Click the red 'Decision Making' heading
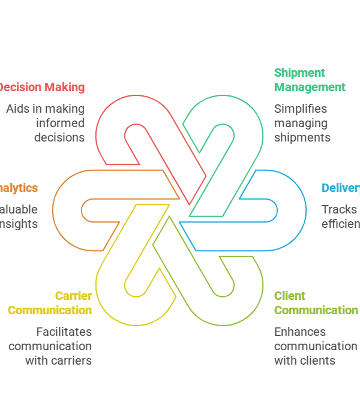pos(41,87)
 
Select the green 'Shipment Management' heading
pos(310,80)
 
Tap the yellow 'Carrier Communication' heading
pos(50,303)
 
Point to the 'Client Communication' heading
pos(316,303)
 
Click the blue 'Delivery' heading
pos(341,188)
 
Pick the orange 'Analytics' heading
pos(19,188)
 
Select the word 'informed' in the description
pos(60,123)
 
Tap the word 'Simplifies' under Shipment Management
pos(301,109)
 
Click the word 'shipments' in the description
pos(302,137)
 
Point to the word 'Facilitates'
pos(64,332)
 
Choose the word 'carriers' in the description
pos(71,360)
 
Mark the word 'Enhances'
pos(300,332)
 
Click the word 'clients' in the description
pos(317,360)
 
